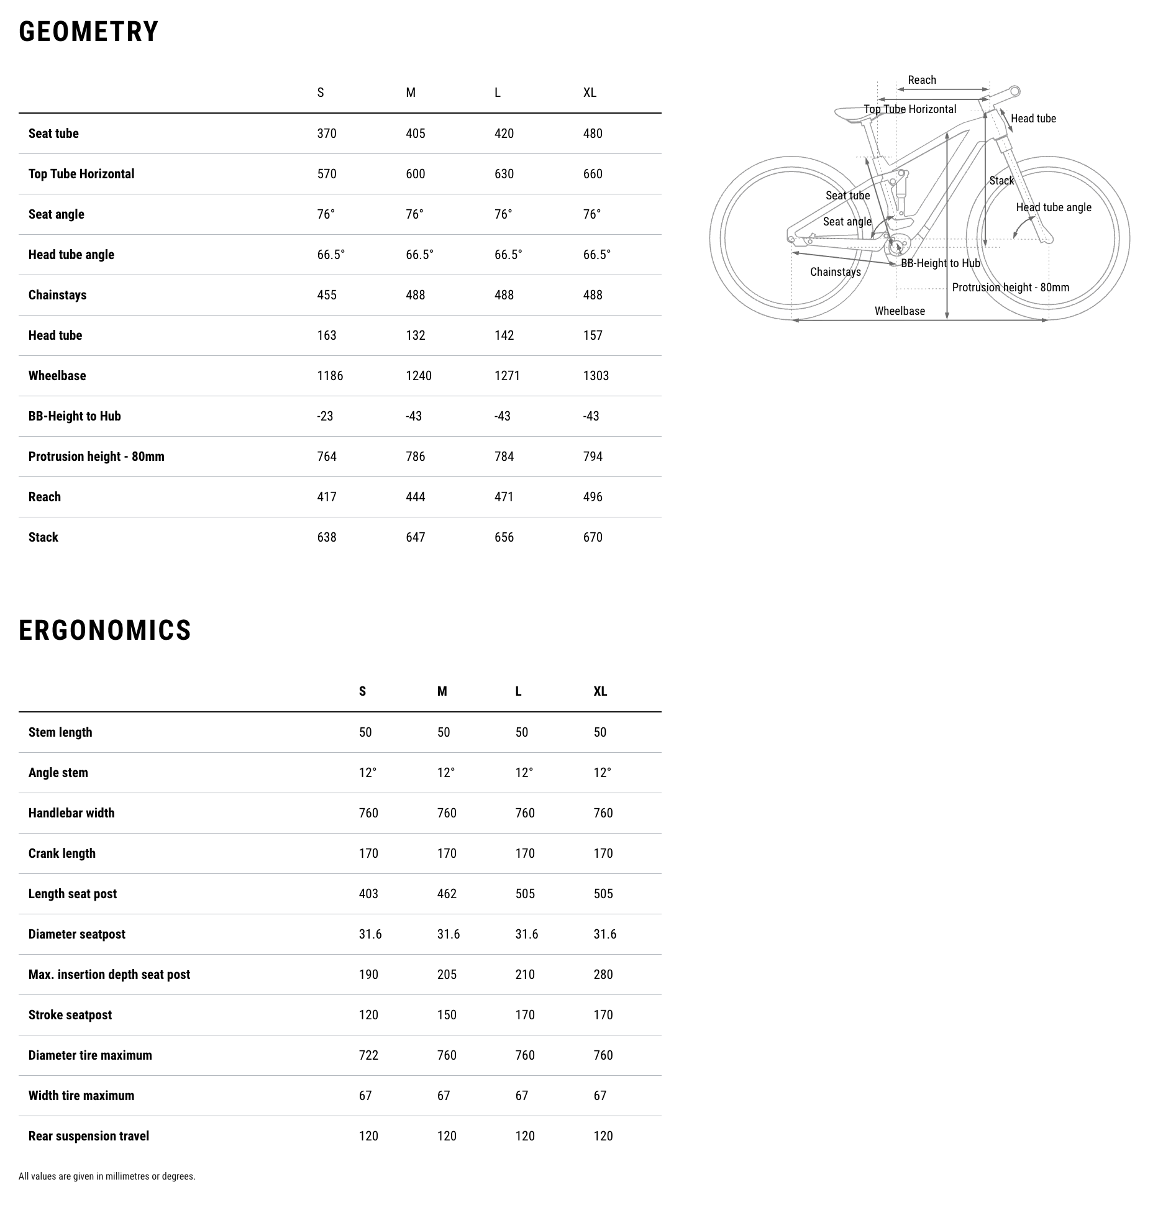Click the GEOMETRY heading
coord(89,32)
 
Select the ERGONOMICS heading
coord(105,630)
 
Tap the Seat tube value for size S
coord(327,134)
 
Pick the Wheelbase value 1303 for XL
coord(596,376)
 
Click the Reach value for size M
coord(416,497)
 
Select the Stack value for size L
coord(504,537)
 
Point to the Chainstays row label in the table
coord(57,295)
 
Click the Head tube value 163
coord(327,335)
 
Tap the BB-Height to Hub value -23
coord(325,416)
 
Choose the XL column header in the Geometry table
coord(590,93)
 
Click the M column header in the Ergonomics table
coord(442,691)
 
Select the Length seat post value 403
coord(368,894)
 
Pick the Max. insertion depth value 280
coord(603,975)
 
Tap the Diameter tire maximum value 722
coord(368,1055)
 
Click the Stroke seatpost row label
coord(70,1015)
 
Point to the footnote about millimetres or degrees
coord(107,1176)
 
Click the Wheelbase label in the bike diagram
coord(900,311)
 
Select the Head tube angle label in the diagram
coord(1054,207)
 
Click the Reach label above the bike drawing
coord(922,80)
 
